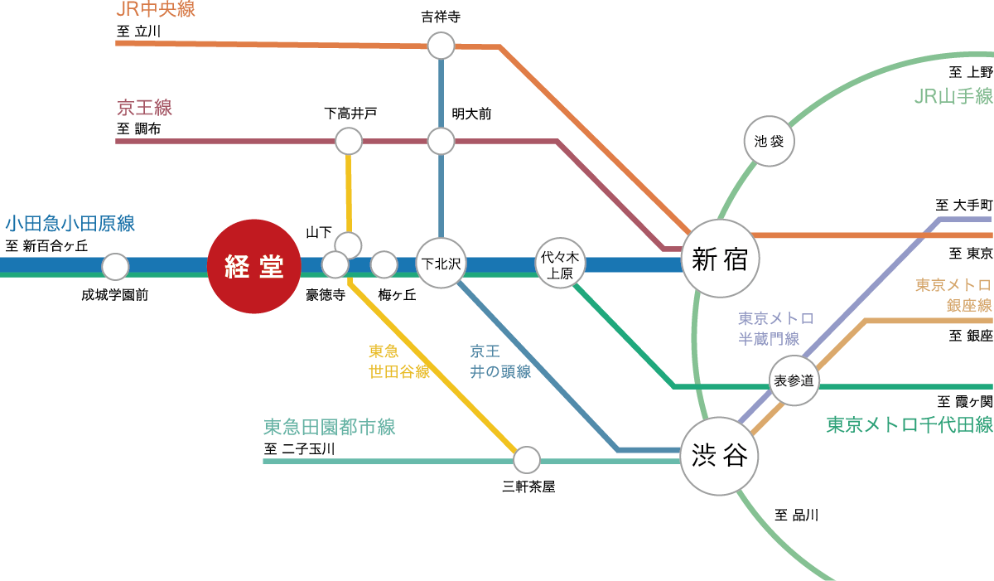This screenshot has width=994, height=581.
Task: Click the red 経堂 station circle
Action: (x=254, y=266)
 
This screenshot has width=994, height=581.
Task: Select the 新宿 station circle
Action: (x=719, y=259)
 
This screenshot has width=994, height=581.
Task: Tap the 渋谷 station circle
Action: (x=719, y=456)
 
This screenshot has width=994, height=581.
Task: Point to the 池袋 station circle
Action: (x=770, y=141)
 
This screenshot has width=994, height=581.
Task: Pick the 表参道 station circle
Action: (x=794, y=381)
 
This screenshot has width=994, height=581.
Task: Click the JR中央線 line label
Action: (x=157, y=11)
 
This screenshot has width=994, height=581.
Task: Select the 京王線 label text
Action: (x=144, y=108)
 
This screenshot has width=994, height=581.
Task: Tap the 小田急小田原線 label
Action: (x=70, y=224)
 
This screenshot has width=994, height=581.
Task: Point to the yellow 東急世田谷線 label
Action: (x=398, y=361)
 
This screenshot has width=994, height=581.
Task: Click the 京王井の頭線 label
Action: (x=500, y=361)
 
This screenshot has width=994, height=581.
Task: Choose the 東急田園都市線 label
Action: (x=329, y=428)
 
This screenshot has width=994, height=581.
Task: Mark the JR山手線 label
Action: (x=953, y=97)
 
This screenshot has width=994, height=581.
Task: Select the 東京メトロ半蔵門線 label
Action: (x=775, y=328)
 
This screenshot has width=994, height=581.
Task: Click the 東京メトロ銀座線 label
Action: (x=953, y=295)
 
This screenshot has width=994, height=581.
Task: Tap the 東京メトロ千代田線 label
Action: (x=910, y=425)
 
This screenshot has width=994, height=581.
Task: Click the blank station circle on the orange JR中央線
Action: (x=441, y=46)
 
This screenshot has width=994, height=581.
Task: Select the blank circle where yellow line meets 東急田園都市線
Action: (x=526, y=459)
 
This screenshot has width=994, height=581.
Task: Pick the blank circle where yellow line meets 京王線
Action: (x=349, y=141)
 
